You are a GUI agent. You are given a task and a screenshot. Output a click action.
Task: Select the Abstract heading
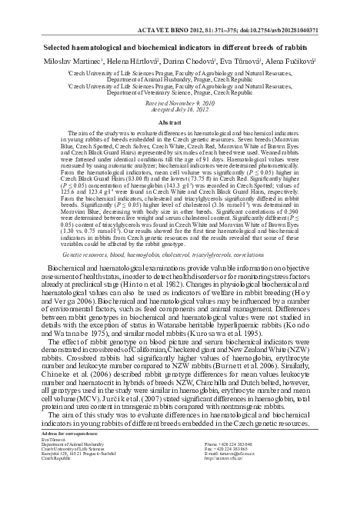[179, 122]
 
